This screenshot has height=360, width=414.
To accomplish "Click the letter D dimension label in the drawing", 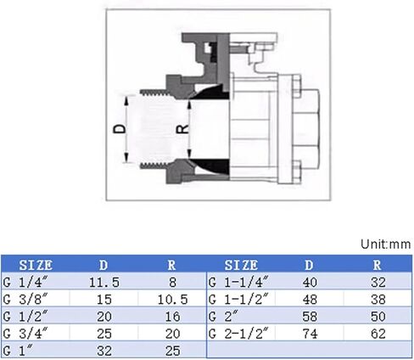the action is click(x=120, y=129).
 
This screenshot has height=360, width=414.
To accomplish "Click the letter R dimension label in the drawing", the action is click(x=182, y=129).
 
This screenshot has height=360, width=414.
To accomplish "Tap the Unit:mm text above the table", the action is click(x=386, y=244).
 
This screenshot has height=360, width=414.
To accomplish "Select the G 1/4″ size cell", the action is click(x=25, y=282).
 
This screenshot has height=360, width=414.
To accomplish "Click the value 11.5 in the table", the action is click(x=104, y=282).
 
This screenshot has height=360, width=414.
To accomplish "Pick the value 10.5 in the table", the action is click(x=172, y=300).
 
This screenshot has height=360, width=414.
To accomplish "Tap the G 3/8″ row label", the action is click(x=25, y=299).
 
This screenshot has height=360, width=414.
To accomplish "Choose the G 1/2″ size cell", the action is click(x=25, y=316).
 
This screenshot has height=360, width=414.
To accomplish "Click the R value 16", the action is click(x=172, y=317).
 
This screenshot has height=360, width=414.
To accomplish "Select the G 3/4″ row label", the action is click(x=25, y=334).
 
